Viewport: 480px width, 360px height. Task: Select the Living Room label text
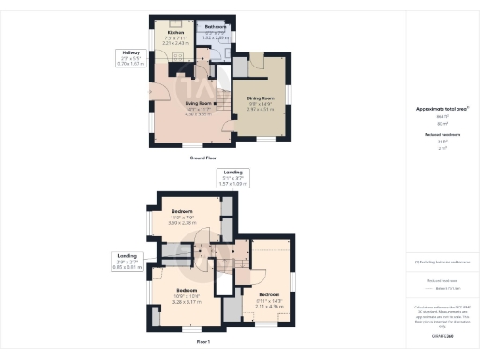[x=199, y=103]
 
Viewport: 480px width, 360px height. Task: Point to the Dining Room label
[x=260, y=97]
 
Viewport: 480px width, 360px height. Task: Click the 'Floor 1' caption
[x=205, y=343]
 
